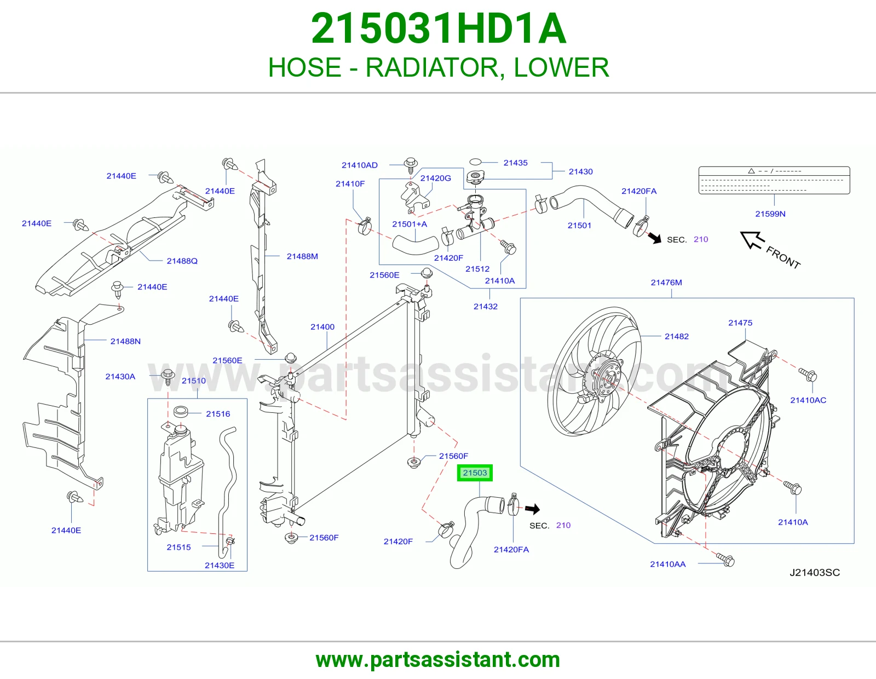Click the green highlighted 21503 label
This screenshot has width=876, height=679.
pyautogui.click(x=475, y=473)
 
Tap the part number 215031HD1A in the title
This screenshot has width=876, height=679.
pyautogui.click(x=439, y=28)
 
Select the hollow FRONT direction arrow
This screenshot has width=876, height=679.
pyautogui.click(x=752, y=240)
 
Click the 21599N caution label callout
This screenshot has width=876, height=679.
pyautogui.click(x=770, y=214)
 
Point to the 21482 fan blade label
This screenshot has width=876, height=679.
pyautogui.click(x=677, y=336)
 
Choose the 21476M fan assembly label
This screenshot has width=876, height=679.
pyautogui.click(x=666, y=282)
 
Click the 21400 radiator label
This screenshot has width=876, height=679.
pyautogui.click(x=322, y=326)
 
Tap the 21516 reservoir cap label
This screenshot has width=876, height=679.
pyautogui.click(x=218, y=413)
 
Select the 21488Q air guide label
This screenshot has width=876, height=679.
pyautogui.click(x=182, y=261)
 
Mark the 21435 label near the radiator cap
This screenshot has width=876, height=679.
pyautogui.click(x=515, y=163)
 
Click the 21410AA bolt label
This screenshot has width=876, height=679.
pyautogui.click(x=667, y=564)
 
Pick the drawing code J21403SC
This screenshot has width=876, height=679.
pyautogui.click(x=814, y=573)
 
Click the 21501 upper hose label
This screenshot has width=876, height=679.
pyautogui.click(x=579, y=226)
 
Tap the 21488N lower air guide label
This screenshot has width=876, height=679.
pyautogui.click(x=125, y=341)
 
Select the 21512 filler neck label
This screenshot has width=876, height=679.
pyautogui.click(x=477, y=268)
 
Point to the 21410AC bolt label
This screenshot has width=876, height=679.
pyautogui.click(x=808, y=400)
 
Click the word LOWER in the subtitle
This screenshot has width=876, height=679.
pyautogui.click(x=561, y=67)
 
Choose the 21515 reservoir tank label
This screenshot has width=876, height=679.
pyautogui.click(x=178, y=547)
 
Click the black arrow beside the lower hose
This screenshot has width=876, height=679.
pyautogui.click(x=533, y=509)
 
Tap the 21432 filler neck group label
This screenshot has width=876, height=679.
pyautogui.click(x=486, y=307)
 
